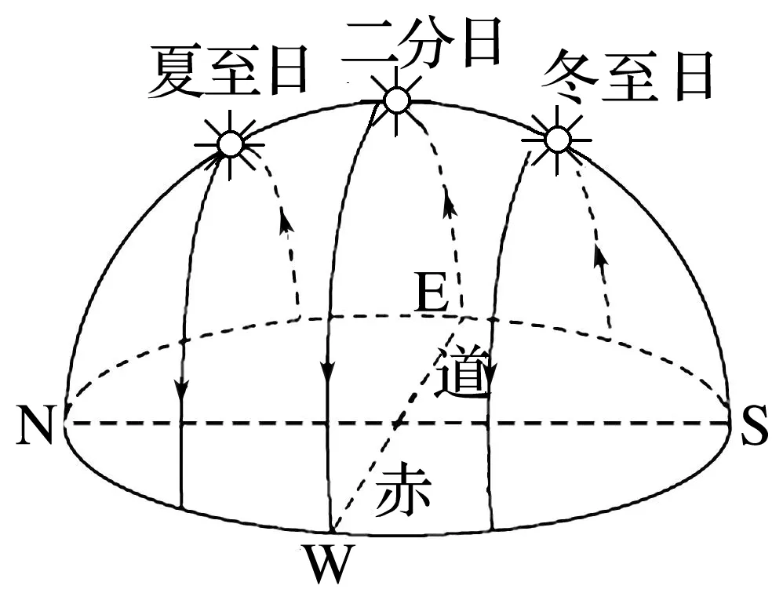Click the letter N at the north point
pos(35,429)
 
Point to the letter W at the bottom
pos(327,562)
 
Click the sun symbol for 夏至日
pos(230,144)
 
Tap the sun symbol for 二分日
pos(397,100)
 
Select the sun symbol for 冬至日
pos(557,140)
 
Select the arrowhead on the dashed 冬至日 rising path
pos(601,256)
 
